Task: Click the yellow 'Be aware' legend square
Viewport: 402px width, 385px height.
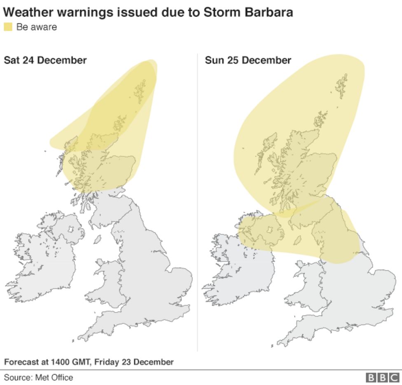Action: coord(8,27)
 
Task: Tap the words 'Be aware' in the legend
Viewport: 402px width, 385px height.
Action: coord(37,28)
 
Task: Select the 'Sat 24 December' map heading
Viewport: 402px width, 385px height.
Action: coord(45,60)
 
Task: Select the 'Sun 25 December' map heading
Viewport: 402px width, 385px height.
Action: coord(248,60)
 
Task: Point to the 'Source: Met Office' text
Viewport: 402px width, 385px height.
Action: coord(39,377)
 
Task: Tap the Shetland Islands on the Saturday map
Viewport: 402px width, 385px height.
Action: coord(140,91)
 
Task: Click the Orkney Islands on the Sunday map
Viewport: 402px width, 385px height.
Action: coord(320,119)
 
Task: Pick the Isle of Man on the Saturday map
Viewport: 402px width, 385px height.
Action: coord(98,239)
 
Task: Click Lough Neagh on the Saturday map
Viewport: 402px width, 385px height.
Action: coord(70,229)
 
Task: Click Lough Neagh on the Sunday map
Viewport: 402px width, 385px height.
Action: coord(271,229)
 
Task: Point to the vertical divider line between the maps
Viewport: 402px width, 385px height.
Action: coord(197,206)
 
